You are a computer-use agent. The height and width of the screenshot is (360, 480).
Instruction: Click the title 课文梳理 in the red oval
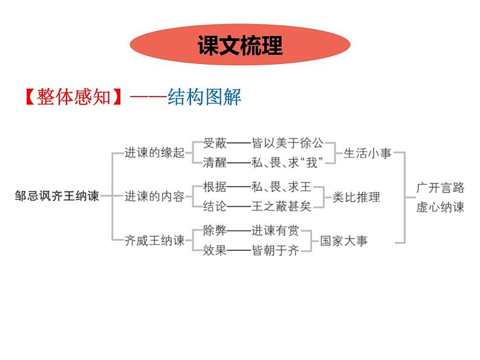click(240, 45)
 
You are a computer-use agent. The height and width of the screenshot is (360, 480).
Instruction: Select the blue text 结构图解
click(205, 97)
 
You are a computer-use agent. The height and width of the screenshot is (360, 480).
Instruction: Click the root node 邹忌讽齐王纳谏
click(57, 196)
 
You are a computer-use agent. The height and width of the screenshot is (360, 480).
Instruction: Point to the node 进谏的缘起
click(154, 153)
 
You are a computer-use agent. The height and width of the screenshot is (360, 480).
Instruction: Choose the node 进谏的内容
click(154, 196)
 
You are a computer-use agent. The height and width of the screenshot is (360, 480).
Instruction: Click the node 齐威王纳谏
click(154, 240)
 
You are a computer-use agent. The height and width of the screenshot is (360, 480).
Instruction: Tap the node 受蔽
click(215, 144)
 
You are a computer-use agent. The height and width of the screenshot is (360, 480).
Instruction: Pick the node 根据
click(215, 187)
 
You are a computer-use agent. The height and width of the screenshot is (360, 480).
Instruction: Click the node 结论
click(215, 207)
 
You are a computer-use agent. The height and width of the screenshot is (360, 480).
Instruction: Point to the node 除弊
click(215, 231)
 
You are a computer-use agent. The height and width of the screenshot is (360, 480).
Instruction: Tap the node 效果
click(215, 249)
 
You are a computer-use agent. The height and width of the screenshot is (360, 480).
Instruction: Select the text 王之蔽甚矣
click(281, 207)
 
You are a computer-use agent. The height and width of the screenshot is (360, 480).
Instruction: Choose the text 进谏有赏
click(274, 231)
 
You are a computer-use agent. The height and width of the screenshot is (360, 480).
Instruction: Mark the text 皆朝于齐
click(274, 249)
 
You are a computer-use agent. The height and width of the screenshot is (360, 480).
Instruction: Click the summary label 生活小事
click(368, 153)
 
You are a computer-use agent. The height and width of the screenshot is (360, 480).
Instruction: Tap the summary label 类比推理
click(357, 197)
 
